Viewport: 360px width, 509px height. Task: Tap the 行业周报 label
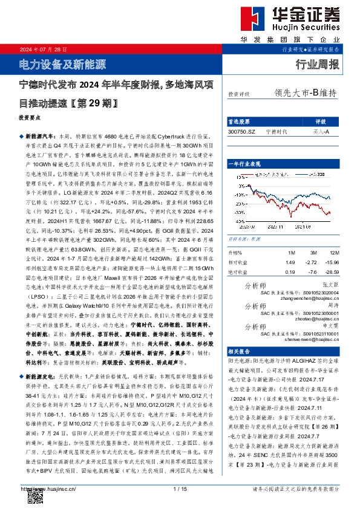pos(318,65)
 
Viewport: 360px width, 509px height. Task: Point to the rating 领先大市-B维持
pos(305,93)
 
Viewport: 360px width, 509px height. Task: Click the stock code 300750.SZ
pos(242,131)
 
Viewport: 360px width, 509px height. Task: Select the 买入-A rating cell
pos(321,131)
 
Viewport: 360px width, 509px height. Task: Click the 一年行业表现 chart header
pos(244,164)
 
